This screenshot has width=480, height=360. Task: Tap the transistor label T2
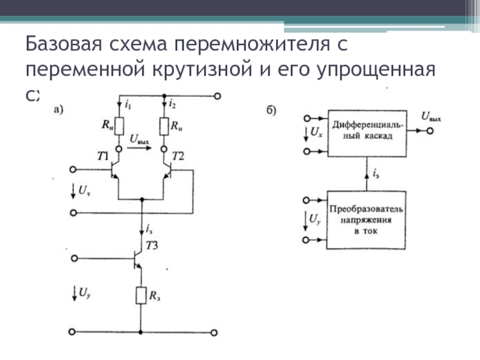[178, 157]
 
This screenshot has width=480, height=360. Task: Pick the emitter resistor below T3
[141, 295]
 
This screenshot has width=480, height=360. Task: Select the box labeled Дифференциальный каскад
[367, 133]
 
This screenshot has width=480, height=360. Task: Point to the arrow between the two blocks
[367, 174]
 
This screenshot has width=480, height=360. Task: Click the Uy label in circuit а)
[84, 293]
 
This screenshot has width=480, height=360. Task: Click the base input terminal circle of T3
[74, 259]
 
